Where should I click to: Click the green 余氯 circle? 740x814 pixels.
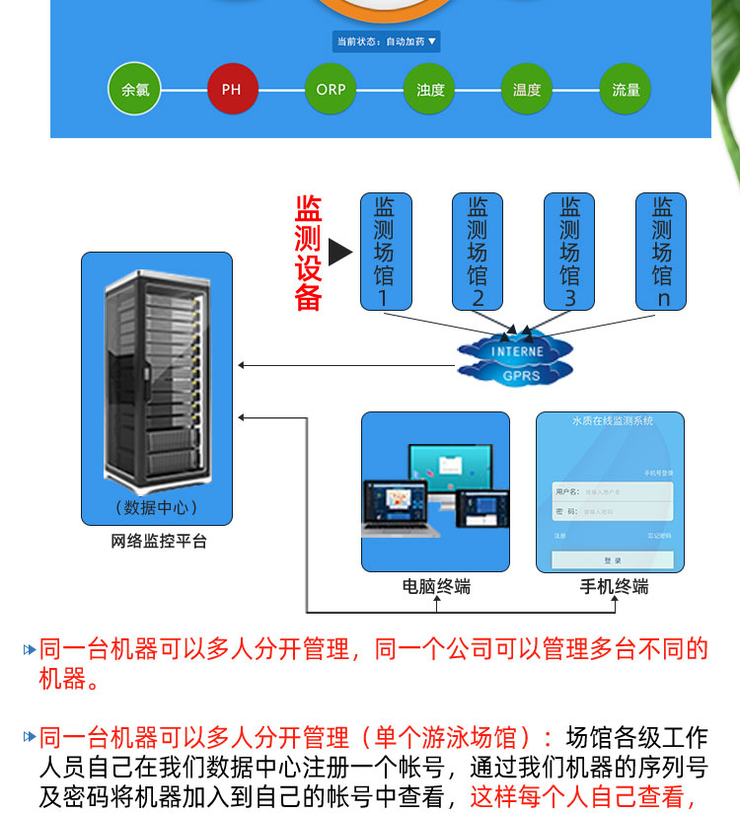point(134,90)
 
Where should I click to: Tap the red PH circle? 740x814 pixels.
point(232,90)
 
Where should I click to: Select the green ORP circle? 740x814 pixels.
point(331,90)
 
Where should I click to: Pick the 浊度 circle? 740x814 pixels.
point(430,90)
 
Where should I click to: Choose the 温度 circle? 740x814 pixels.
point(527,90)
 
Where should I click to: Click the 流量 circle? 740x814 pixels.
point(626,90)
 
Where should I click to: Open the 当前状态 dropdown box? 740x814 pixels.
point(386,41)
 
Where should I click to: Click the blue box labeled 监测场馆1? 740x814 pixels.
point(384,252)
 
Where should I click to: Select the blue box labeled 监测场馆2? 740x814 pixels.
point(477,252)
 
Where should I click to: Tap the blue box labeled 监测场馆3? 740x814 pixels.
point(569,252)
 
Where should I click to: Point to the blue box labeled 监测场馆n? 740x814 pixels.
point(662,252)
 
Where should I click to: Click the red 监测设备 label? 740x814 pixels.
point(308,254)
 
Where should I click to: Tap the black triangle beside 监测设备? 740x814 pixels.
point(340,253)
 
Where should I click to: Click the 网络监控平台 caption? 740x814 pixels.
point(158,541)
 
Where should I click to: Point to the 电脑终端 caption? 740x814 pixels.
point(436,587)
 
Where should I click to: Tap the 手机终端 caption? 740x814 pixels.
point(614,587)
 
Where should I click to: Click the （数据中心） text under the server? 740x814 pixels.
point(157,507)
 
